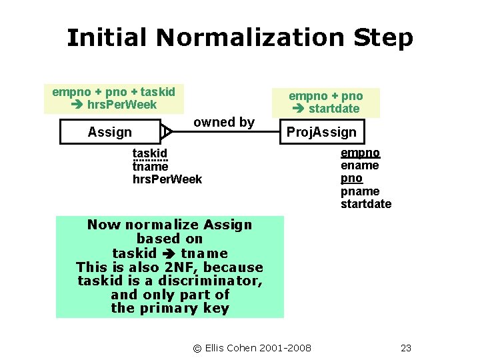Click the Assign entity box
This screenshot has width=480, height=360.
click(110, 132)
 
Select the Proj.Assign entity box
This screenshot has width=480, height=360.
click(321, 132)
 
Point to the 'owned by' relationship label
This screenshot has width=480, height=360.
click(223, 122)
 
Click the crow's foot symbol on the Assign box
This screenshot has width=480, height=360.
click(167, 132)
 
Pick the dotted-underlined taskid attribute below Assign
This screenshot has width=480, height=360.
click(150, 154)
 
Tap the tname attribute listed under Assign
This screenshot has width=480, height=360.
click(150, 167)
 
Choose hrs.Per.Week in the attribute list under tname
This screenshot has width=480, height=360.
click(167, 179)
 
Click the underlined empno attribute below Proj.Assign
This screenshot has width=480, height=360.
click(360, 153)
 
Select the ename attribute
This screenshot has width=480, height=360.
click(360, 165)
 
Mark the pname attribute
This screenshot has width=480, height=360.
click(360, 191)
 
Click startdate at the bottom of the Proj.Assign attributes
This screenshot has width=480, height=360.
click(366, 204)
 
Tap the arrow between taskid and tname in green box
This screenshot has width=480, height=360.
click(169, 254)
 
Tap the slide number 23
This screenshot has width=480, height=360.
click(406, 347)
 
